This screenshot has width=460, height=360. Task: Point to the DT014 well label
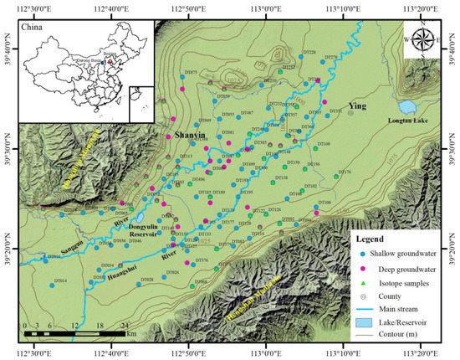pos(60,280)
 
